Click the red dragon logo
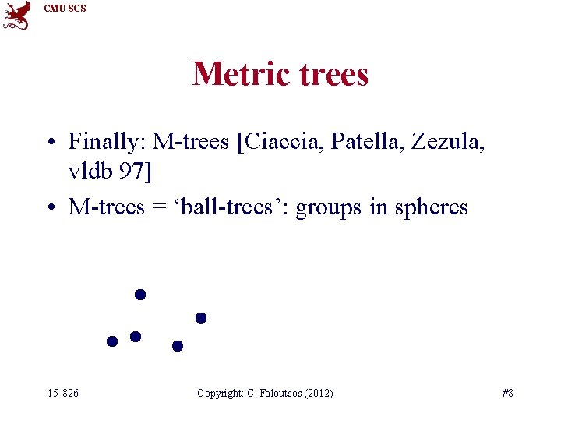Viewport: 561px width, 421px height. click(x=17, y=15)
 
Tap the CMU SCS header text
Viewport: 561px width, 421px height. click(x=65, y=9)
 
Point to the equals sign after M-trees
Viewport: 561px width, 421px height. click(x=156, y=208)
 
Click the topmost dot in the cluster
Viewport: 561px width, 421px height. click(x=140, y=295)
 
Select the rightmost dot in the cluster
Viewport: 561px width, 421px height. click(x=200, y=317)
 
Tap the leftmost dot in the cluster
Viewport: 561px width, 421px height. click(x=112, y=341)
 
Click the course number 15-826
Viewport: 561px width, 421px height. click(x=62, y=393)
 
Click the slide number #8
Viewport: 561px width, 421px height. click(x=507, y=393)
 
